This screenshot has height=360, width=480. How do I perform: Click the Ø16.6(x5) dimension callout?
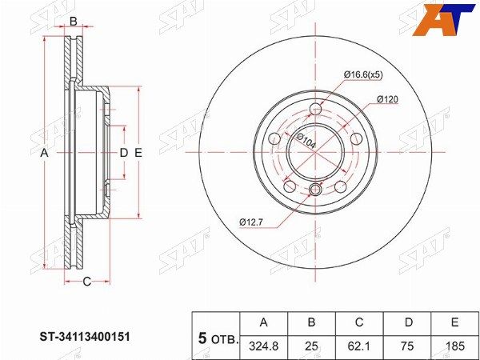pyautogui.click(x=363, y=75)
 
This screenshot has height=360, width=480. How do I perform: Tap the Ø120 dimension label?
pyautogui.click(x=387, y=99)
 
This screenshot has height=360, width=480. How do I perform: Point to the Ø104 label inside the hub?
pyautogui.click(x=305, y=142)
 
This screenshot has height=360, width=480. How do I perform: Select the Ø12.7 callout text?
pyautogui.click(x=251, y=222)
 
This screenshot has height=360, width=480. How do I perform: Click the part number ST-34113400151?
pyautogui.click(x=85, y=338)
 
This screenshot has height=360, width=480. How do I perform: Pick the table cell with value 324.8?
pyautogui.click(x=264, y=346)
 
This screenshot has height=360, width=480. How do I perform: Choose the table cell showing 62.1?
pyautogui.click(x=359, y=346)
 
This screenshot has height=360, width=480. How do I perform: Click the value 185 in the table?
pyautogui.click(x=454, y=346)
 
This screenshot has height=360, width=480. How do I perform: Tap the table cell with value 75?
pyautogui.click(x=407, y=346)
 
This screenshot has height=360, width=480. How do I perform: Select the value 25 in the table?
pyautogui.click(x=311, y=346)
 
